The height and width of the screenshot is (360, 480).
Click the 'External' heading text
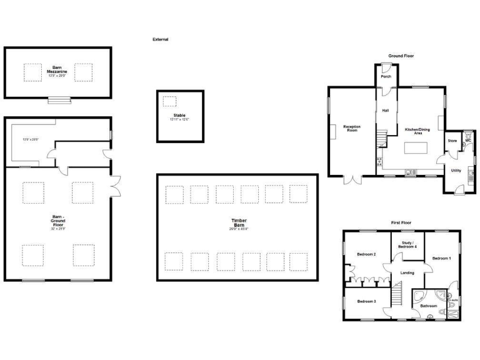point(161,39)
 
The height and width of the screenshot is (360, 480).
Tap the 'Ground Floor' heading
point(401,56)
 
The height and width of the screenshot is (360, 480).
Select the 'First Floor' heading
point(401,222)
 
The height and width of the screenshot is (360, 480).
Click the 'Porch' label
point(386,77)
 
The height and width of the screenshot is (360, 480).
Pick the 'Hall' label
point(386,111)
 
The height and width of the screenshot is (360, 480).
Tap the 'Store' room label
point(452,141)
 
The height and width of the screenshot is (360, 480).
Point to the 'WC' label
point(467,141)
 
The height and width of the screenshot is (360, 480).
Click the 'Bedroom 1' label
point(441,257)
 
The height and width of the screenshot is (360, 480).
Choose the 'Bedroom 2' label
point(366,254)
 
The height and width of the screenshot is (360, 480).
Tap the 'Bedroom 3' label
point(366,301)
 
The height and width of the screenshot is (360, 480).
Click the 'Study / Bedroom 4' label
point(407,245)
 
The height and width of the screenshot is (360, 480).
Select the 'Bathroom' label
point(428,306)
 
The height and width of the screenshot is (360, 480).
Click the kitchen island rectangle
point(415,148)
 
